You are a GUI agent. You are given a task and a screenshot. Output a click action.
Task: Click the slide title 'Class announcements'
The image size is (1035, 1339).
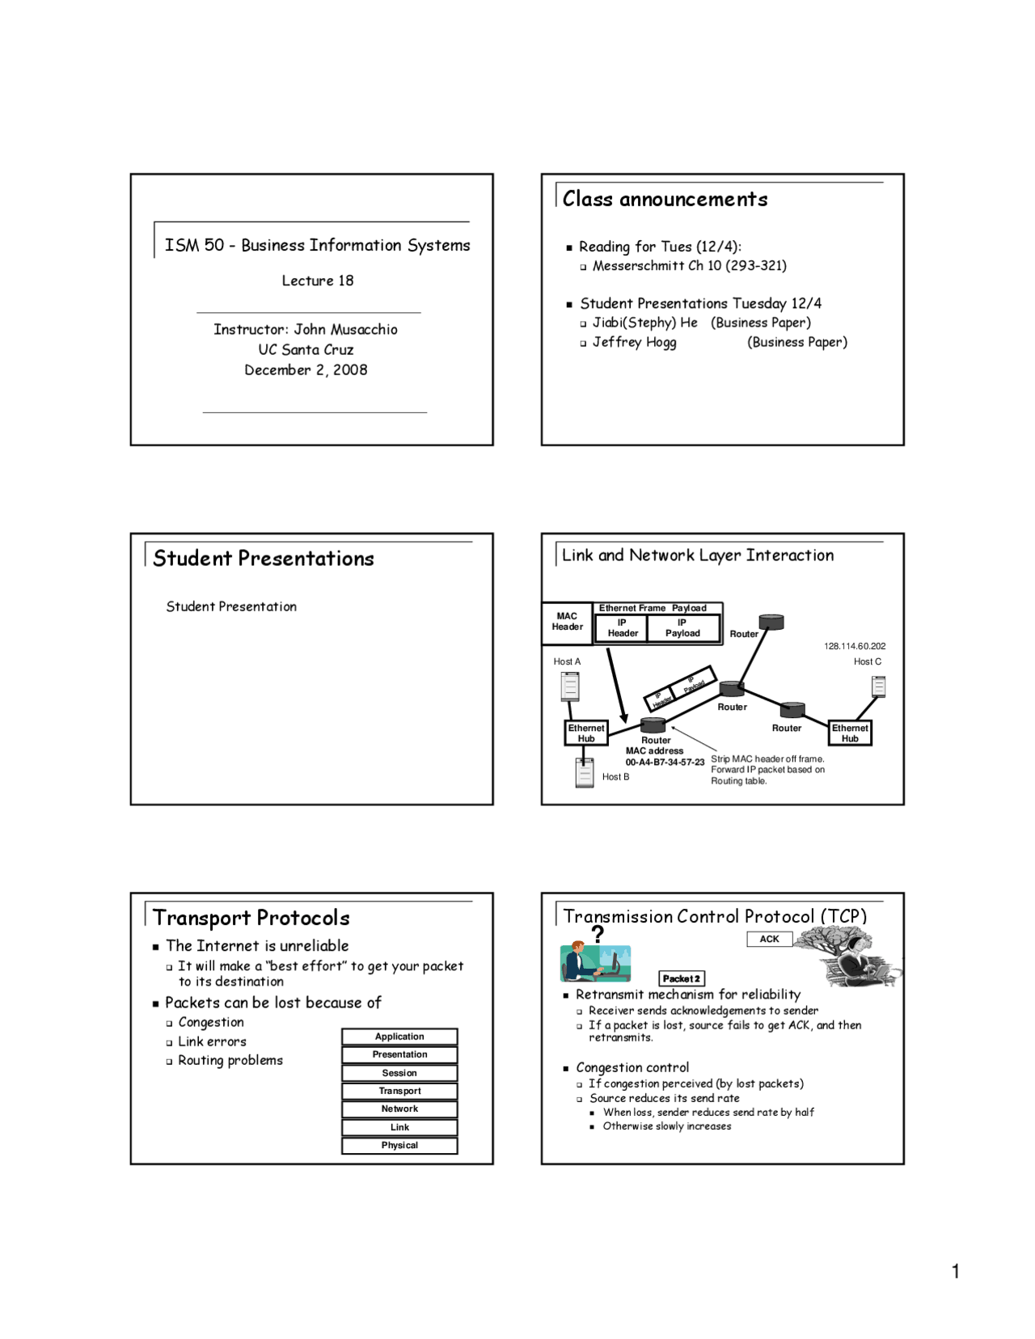point(665,199)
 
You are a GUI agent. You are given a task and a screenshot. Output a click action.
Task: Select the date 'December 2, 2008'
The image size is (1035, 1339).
point(306,370)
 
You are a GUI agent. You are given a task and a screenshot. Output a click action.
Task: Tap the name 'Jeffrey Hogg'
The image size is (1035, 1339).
point(634,342)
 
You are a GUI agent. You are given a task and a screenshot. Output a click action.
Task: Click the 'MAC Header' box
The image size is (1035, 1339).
point(567,622)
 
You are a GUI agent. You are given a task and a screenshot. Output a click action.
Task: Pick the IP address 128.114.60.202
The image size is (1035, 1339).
point(855,646)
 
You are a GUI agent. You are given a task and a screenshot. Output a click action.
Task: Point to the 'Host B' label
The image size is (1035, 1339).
point(615,777)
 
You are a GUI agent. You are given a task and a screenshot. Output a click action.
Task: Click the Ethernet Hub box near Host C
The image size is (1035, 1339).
point(850,733)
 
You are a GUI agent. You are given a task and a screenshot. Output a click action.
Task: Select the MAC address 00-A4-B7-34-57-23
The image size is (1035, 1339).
point(665,762)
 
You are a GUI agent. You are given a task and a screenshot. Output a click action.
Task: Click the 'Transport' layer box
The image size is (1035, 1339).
point(399,1091)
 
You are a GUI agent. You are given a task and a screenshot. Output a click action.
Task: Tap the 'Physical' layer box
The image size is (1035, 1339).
point(399,1145)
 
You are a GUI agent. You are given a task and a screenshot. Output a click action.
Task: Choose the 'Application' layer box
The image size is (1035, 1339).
point(399,1037)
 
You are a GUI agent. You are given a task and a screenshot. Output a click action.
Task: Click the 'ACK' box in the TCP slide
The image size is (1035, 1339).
point(769,939)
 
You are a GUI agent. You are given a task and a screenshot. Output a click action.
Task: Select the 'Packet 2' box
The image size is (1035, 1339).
point(682,978)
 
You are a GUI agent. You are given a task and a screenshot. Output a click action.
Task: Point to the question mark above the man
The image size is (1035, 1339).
point(598,935)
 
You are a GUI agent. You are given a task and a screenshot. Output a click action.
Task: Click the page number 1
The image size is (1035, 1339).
point(956,1271)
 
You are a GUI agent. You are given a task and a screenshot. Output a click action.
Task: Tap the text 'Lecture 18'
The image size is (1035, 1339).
point(318,281)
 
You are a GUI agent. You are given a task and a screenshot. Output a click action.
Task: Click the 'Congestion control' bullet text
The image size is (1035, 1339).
point(632,1067)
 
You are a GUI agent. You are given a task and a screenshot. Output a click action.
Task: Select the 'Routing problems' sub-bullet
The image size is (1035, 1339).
point(230,1060)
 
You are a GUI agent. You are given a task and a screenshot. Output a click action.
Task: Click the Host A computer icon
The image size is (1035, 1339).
point(570,686)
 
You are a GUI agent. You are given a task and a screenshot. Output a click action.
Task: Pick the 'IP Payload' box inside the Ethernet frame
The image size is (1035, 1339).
point(682,628)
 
